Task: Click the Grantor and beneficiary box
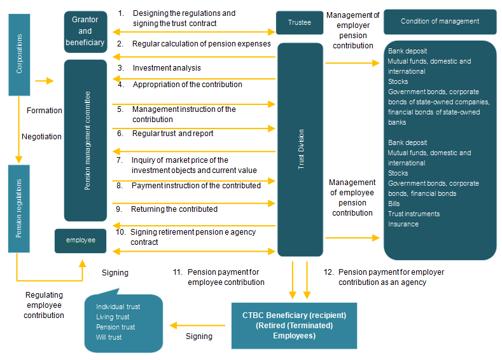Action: point(85,32)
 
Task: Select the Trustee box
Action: point(300,22)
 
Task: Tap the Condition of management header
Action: point(440,22)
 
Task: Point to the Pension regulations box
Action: point(19,208)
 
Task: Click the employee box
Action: point(80,240)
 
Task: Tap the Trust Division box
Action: point(301,152)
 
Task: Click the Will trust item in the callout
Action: point(109,337)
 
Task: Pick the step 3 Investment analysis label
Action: point(166,67)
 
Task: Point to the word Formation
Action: point(45,111)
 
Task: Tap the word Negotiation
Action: point(41,136)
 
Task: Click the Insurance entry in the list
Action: point(403,224)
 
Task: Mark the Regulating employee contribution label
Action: point(45,305)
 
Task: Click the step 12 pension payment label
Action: point(391,277)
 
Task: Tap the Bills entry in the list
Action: point(394,204)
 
